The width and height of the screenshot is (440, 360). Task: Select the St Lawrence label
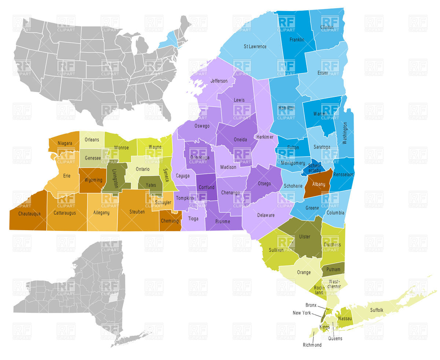point(255,47)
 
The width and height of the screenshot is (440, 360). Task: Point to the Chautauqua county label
point(27,213)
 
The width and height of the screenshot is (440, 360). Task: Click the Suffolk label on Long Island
point(377,310)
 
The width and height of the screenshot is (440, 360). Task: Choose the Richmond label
point(312,345)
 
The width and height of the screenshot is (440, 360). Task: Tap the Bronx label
point(311,305)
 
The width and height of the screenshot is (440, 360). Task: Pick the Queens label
point(335,338)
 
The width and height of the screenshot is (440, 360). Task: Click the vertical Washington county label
point(345,133)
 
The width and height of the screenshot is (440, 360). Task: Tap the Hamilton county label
point(286,108)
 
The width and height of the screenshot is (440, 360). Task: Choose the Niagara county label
point(65,143)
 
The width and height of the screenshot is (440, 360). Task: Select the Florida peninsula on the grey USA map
point(165,110)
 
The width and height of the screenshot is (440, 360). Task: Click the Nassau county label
point(345,319)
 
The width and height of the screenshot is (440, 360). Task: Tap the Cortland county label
point(206,187)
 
